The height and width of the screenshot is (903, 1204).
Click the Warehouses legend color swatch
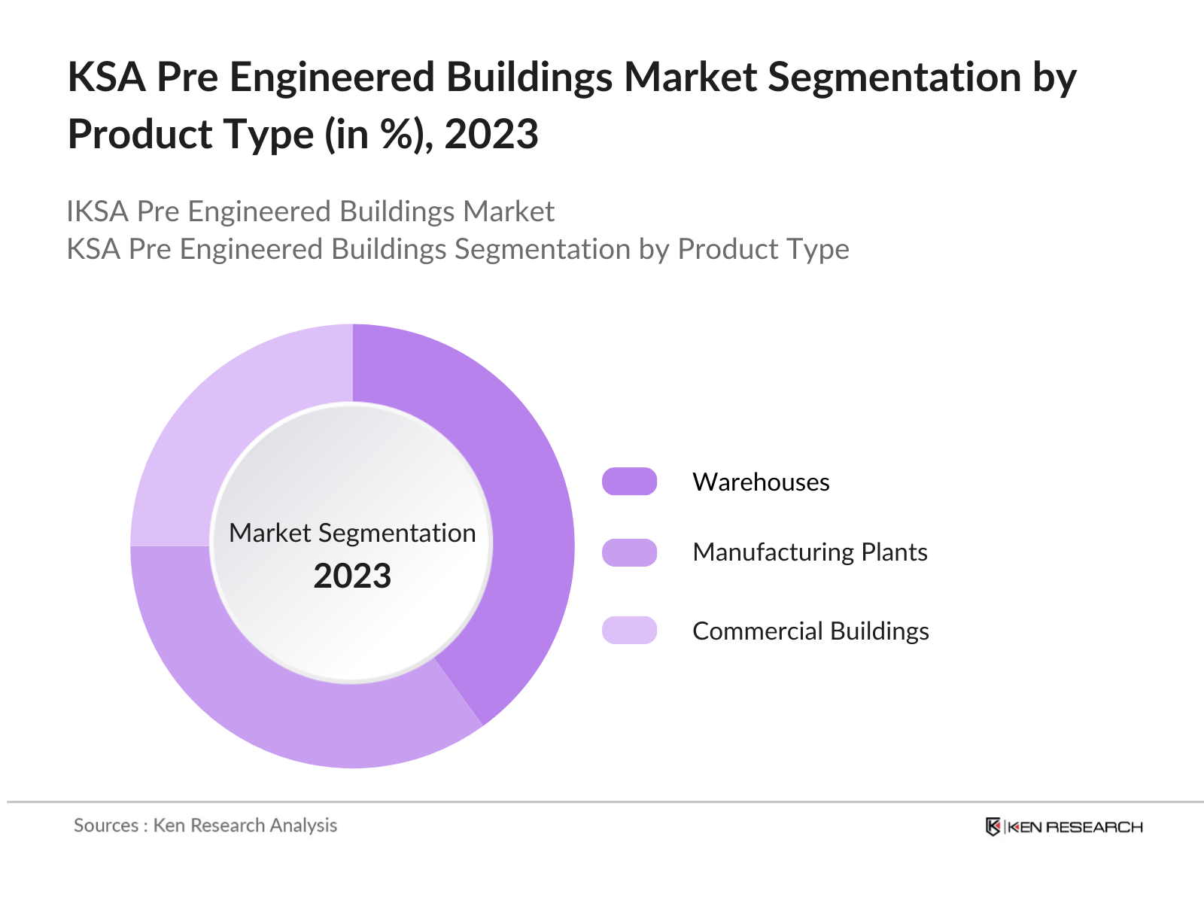coord(629,482)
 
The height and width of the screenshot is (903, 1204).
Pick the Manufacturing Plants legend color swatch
coord(629,552)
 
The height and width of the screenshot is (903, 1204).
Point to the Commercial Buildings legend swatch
coord(629,630)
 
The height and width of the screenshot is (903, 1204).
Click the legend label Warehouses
coord(761,482)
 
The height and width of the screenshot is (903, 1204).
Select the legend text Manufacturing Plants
coord(810,552)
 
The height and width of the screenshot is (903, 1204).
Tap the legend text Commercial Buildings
coord(810,631)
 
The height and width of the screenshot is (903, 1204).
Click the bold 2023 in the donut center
coord(352,576)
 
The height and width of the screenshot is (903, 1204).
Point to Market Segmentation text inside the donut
coord(352,533)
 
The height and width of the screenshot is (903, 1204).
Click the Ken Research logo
coord(1064,827)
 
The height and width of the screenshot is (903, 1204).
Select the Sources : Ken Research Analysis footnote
coord(205,825)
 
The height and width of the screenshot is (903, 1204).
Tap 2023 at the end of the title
coord(491,135)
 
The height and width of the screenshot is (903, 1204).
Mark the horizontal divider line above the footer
coord(602,802)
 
